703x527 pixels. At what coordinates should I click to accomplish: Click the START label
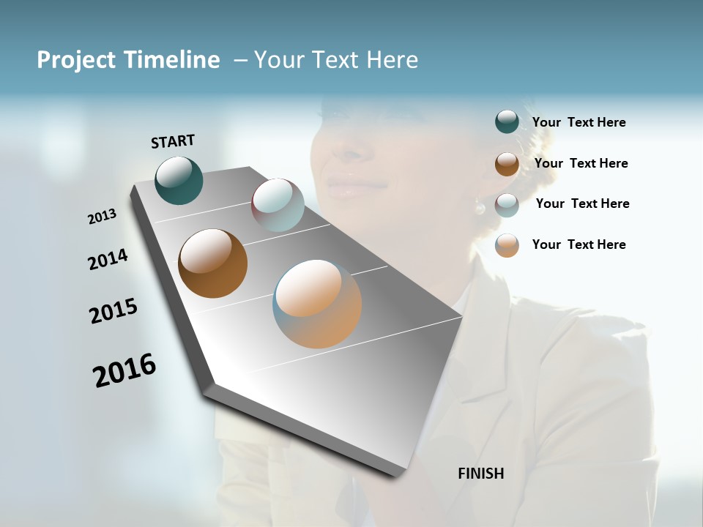point(173,141)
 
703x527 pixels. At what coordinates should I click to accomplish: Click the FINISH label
point(481,474)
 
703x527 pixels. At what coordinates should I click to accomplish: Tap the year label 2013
point(102,217)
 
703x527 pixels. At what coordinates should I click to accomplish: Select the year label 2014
point(108,259)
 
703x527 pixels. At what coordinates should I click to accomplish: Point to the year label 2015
point(114,311)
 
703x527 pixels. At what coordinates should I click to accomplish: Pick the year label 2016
point(124,370)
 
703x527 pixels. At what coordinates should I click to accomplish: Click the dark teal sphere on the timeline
point(179,180)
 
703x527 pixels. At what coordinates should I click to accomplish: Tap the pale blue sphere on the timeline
point(278,205)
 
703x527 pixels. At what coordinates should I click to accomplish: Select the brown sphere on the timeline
point(213,263)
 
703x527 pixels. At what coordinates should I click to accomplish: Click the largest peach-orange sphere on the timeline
point(317,304)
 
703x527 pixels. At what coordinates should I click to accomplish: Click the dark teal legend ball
point(507,122)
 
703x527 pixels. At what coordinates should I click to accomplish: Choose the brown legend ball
point(507,164)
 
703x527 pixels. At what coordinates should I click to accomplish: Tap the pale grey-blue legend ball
point(507,205)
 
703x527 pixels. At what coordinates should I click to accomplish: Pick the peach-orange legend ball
point(507,245)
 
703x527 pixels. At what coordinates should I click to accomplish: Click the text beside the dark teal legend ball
point(579,122)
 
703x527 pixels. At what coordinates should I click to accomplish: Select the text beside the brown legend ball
point(581,163)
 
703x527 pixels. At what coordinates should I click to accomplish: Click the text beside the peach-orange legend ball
point(579,244)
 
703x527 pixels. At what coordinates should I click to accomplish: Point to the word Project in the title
point(76,60)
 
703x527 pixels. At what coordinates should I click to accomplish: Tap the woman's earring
point(480,208)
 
